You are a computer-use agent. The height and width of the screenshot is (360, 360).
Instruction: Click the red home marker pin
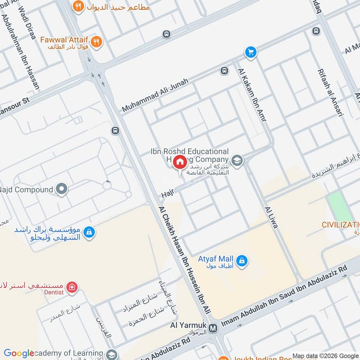pos(180,162)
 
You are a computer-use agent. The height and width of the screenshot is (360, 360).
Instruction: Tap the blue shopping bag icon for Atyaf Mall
pos(242,261)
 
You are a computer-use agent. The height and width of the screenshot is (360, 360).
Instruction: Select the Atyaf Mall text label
pos(216,259)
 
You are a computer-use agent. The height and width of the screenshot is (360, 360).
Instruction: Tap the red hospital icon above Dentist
pos(70,287)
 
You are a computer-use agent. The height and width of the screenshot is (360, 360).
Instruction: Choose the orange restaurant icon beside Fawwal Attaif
pos(96,42)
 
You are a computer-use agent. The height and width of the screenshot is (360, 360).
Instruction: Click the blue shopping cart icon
pos(251,53)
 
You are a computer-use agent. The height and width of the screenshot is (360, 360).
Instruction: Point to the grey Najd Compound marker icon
pos(62,189)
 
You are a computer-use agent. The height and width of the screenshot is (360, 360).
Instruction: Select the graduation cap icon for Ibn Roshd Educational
pos(237,160)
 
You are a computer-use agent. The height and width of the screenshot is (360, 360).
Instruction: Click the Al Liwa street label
pos(271,217)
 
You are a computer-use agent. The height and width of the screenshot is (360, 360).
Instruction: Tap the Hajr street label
pos(167,194)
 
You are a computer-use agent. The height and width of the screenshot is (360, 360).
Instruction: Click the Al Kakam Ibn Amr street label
pos(251,93)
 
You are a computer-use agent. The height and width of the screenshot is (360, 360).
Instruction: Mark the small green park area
pos(340,206)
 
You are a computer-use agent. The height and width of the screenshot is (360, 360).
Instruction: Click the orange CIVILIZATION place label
pos(341,225)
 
